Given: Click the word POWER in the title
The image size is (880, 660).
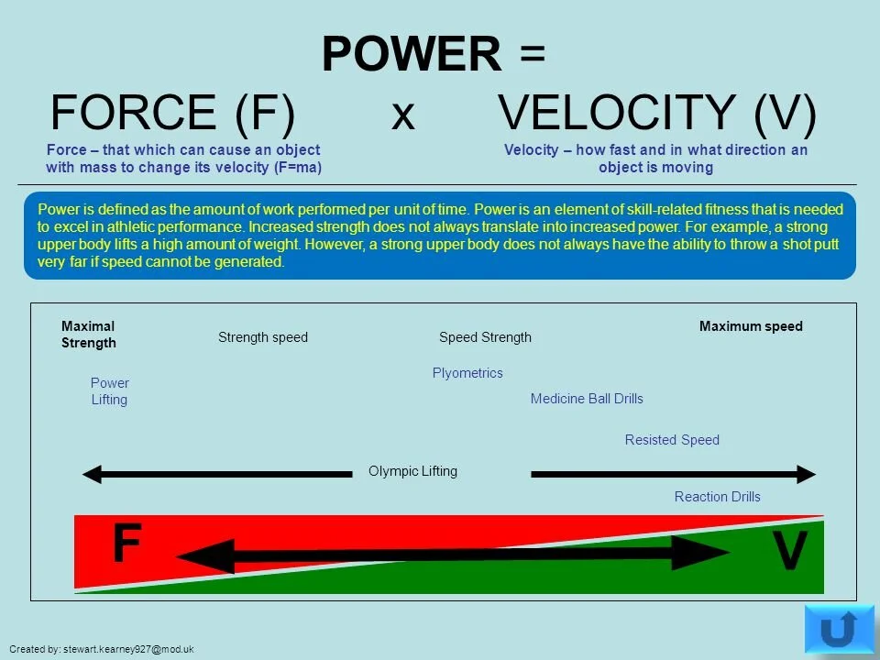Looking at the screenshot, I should click(x=412, y=55).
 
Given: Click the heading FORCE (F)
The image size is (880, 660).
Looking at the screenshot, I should click(x=172, y=115).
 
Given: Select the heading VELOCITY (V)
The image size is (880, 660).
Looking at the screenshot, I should click(x=656, y=115).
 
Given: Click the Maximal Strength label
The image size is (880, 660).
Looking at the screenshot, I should click(x=89, y=335).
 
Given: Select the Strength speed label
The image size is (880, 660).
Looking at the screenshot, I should click(x=263, y=337).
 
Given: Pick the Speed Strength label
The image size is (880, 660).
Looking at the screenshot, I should click(x=485, y=337).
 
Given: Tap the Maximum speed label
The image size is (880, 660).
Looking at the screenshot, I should click(x=751, y=326).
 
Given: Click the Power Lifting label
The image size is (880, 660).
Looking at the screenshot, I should click(x=109, y=391).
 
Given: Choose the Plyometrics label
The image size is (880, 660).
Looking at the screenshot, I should click(x=467, y=373).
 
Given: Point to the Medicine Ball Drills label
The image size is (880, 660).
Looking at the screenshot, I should click(x=587, y=399).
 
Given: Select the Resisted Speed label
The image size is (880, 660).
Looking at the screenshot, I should click(x=672, y=440).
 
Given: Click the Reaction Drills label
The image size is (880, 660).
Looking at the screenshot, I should click(x=717, y=497).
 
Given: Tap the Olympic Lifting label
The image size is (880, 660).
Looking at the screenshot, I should click(x=412, y=471).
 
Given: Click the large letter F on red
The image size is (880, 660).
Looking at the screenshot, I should click(x=126, y=544).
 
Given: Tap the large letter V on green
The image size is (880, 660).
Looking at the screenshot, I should click(x=788, y=553).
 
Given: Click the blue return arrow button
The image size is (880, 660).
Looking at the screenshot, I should click(x=838, y=629).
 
